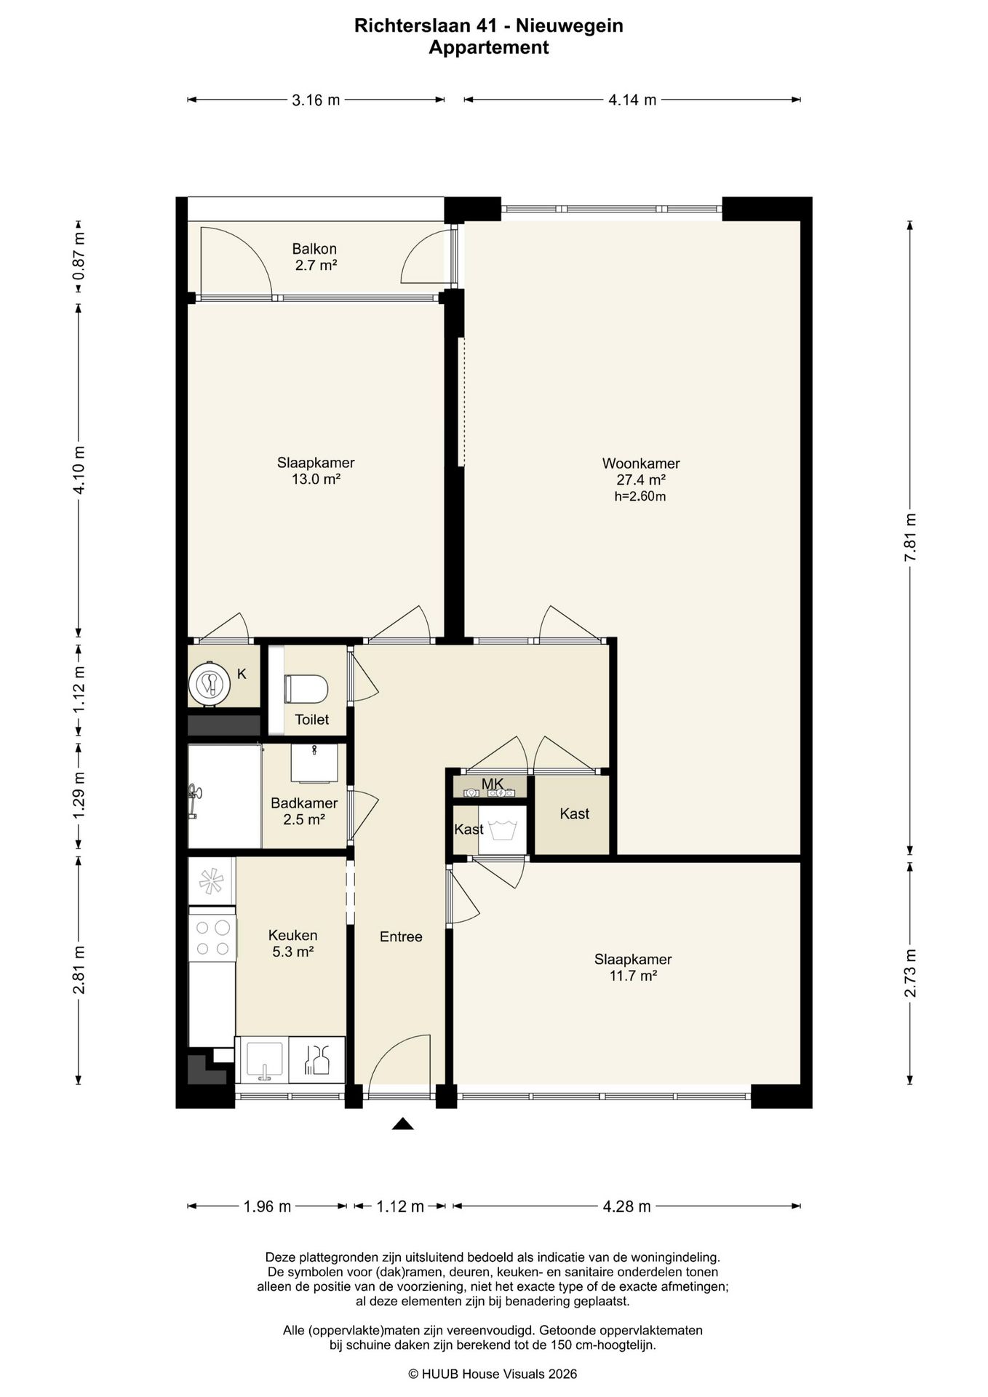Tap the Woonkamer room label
tap(641, 463)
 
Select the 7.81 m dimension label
tap(910, 537)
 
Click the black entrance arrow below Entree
tap(402, 1124)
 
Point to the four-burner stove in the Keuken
tap(212, 938)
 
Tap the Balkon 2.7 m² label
tap(315, 257)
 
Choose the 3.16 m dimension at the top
tap(316, 100)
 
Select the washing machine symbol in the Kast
tap(502, 829)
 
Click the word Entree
tap(401, 936)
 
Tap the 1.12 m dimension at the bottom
tap(400, 1206)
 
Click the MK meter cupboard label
tap(493, 784)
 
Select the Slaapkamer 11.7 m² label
tap(633, 968)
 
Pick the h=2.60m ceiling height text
tap(640, 497)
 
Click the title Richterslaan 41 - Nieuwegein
tap(489, 26)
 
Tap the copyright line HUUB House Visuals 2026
tap(493, 1374)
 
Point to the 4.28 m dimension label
tap(626, 1206)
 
